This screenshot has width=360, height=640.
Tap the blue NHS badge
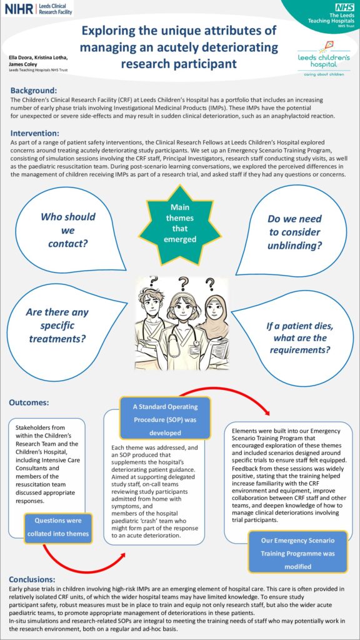[x=345, y=7]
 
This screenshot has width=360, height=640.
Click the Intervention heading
[x=36, y=133]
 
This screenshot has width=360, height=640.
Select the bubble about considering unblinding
[x=294, y=232]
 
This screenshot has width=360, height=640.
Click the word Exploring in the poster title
[x=116, y=30]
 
